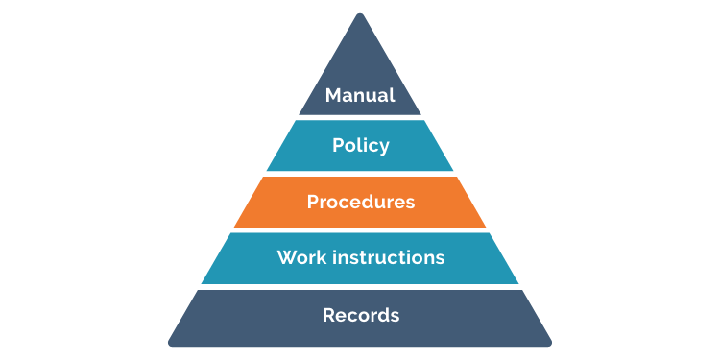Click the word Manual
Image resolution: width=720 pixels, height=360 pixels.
pos(360,96)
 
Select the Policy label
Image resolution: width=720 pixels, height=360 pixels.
pos(360,146)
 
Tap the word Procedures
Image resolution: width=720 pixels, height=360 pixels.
pos(360,203)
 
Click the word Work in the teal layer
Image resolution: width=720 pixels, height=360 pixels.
pos(298,258)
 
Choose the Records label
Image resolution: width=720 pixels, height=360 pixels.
pos(360,315)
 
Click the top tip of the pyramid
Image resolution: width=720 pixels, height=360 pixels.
pos(360,15)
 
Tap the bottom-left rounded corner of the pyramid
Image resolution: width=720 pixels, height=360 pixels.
pos(174,340)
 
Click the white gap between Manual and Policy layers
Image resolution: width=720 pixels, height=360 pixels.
pos(360,117)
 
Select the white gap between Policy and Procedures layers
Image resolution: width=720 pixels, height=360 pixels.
pos(360,174)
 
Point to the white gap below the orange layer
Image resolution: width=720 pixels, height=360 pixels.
pos(360,230)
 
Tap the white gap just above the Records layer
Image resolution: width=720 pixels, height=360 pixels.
pos(360,287)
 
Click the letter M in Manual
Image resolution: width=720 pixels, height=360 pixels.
pos(333,96)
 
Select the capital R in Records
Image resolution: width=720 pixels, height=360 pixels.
pos(327,315)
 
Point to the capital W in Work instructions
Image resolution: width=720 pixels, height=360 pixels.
pos(285,258)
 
